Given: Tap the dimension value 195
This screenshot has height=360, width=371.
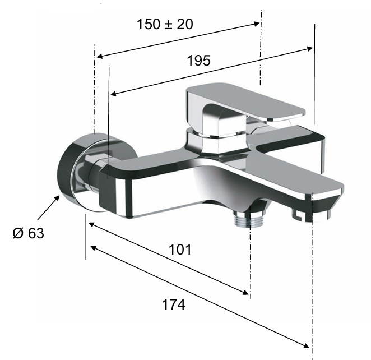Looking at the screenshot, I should coord(199,61).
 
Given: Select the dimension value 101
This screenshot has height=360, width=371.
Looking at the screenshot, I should coord(179,249).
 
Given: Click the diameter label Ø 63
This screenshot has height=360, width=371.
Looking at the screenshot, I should coord(27,233).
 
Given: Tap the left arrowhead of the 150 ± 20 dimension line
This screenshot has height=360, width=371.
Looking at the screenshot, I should coord(99,56).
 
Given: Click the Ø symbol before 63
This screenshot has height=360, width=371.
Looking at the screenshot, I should coord(16,233).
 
